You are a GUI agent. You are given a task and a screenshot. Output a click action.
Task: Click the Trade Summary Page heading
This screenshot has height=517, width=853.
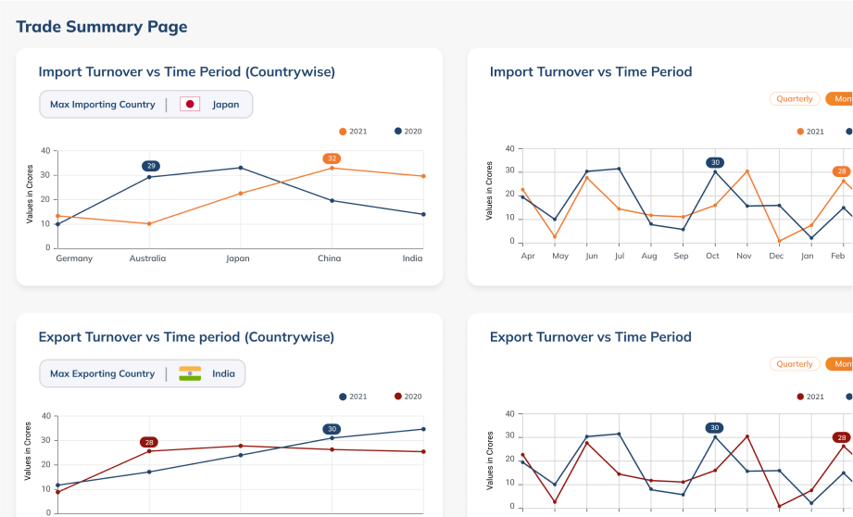coord(102,27)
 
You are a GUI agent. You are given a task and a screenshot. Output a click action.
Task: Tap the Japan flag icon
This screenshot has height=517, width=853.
coord(190,105)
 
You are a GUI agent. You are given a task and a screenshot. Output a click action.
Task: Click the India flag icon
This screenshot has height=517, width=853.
coord(190,374)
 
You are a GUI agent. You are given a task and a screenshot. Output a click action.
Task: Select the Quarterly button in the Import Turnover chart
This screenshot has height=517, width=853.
coord(795,99)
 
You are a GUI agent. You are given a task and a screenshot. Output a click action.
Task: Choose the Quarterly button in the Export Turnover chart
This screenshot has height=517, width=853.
coord(795,364)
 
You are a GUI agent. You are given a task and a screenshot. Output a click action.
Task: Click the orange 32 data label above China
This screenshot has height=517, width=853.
coord(332,158)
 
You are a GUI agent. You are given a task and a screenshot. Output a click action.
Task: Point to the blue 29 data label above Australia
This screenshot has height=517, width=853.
coord(151,166)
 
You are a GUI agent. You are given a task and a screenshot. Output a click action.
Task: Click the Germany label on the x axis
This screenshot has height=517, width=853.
coord(74,258)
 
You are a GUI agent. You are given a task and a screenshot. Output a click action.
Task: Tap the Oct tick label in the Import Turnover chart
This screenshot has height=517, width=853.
coord(712,255)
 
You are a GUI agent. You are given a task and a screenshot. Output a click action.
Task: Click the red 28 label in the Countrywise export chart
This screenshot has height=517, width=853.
coord(149,442)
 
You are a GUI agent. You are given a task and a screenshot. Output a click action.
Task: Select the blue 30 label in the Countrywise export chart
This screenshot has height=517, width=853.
coord(332,429)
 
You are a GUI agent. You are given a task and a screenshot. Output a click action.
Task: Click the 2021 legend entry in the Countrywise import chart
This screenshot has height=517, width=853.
coord(353,132)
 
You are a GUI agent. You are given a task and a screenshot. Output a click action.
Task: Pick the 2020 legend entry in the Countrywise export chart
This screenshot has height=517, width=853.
coord(408,397)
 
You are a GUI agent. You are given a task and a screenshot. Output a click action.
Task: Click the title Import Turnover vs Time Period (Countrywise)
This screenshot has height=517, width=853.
coord(186,72)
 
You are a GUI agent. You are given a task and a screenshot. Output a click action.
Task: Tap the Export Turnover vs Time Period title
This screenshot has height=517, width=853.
coord(590,337)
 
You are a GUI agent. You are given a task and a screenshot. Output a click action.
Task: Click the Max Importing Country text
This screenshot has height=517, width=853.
coord(103,105)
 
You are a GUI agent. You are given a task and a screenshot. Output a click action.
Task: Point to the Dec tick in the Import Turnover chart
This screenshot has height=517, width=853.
coord(776,255)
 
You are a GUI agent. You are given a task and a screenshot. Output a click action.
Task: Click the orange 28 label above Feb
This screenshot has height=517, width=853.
coord(841,171)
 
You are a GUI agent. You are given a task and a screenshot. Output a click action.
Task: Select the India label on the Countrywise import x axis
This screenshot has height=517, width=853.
coord(412,258)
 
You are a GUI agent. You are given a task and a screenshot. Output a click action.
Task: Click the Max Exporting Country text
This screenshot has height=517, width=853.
coord(103,374)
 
